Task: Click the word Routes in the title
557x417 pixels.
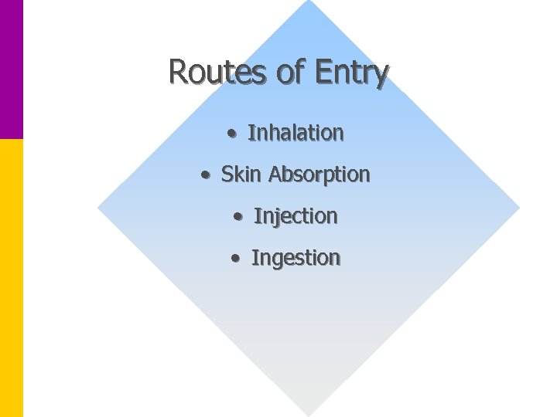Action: click(x=207, y=72)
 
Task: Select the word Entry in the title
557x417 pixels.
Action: click(x=351, y=73)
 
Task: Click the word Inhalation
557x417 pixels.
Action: click(x=296, y=133)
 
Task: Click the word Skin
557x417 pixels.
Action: click(x=242, y=175)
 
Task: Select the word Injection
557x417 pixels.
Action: click(x=296, y=217)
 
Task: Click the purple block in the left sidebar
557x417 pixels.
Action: click(x=11, y=69)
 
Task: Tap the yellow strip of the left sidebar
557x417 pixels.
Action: click(x=11, y=278)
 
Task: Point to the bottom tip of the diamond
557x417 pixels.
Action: click(x=309, y=412)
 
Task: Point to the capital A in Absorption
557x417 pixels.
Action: click(x=275, y=175)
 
